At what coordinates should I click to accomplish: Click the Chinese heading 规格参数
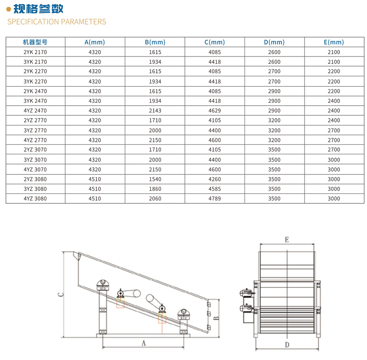39,9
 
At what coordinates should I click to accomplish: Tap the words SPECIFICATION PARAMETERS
56,22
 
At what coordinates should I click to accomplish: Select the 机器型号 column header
35,42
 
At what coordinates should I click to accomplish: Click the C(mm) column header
215,42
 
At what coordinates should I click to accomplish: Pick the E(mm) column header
334,42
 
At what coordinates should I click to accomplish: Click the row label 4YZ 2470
35,111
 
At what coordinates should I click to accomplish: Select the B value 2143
155,111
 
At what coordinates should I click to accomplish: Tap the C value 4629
215,111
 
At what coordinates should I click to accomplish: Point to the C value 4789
215,199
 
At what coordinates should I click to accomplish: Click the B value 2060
155,199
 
